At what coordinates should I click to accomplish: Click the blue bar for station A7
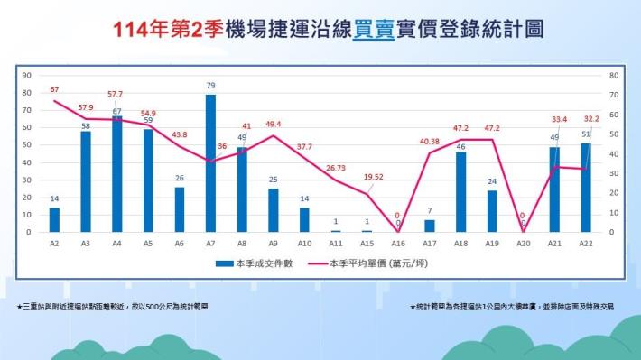210,163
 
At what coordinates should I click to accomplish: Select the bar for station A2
54,219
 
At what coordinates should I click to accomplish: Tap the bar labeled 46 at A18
461,191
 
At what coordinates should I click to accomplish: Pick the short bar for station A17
430,226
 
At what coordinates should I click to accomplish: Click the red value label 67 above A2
54,89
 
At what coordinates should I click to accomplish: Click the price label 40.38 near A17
429,141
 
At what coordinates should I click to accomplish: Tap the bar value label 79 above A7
210,86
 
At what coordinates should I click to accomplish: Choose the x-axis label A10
304,244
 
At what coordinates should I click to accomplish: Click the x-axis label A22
586,244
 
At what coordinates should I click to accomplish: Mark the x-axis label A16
398,244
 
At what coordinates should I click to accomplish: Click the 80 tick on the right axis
614,76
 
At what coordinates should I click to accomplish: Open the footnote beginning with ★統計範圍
511,307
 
